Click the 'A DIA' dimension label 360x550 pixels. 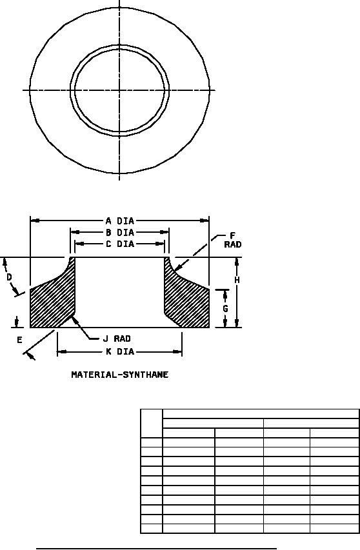120,221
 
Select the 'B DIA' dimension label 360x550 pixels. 120,232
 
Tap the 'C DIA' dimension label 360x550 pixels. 120,244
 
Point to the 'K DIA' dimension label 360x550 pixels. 120,351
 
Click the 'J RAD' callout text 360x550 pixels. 117,339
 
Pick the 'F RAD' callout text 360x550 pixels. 233,241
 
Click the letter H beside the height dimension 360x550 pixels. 237,280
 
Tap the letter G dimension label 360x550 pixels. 225,309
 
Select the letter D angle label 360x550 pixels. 10,277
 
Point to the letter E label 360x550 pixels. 19,340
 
